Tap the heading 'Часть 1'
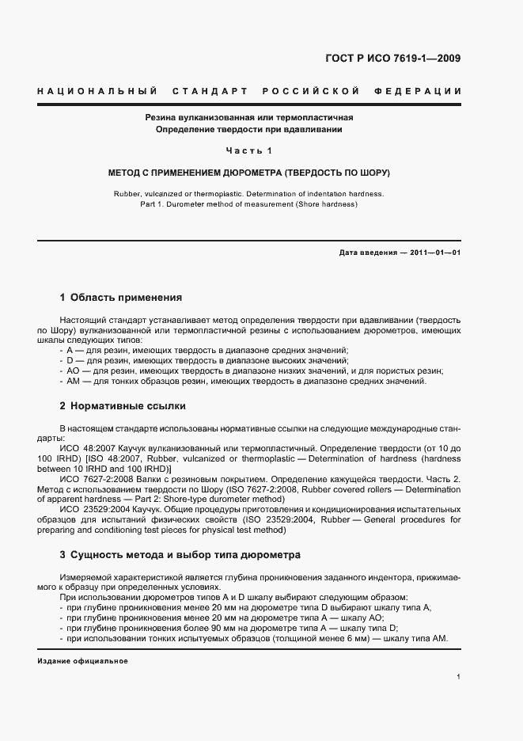(x=248, y=150)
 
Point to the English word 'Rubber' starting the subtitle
(x=128, y=194)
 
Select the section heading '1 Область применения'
(x=120, y=298)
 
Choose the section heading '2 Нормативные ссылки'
(x=123, y=406)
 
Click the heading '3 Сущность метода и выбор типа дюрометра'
(x=180, y=555)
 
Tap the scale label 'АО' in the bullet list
(x=74, y=371)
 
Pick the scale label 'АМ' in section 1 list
(x=74, y=382)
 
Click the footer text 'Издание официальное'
(x=82, y=661)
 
